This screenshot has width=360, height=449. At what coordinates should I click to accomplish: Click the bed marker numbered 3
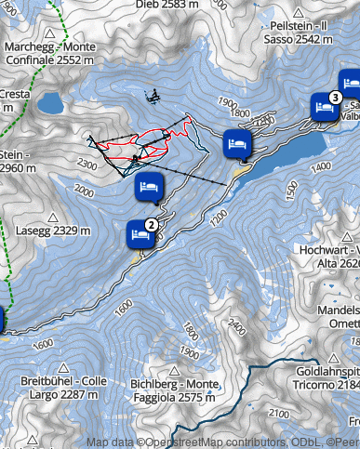pyautogui.click(x=324, y=107)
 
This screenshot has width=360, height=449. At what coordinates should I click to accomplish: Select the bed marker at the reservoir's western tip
pyautogui.click(x=236, y=144)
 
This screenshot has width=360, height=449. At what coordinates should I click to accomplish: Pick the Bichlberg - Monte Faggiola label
pyautogui.click(x=176, y=390)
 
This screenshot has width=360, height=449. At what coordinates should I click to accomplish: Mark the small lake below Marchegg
pyautogui.click(x=49, y=101)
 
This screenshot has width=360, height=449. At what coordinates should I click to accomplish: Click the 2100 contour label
pyautogui.click(x=277, y=413)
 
